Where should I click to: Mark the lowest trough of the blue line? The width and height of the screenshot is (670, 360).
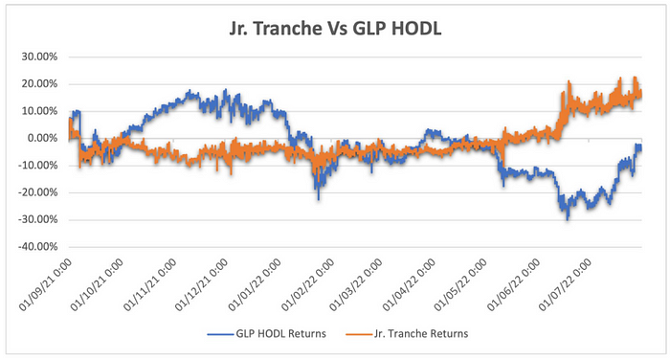(x=568, y=218)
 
